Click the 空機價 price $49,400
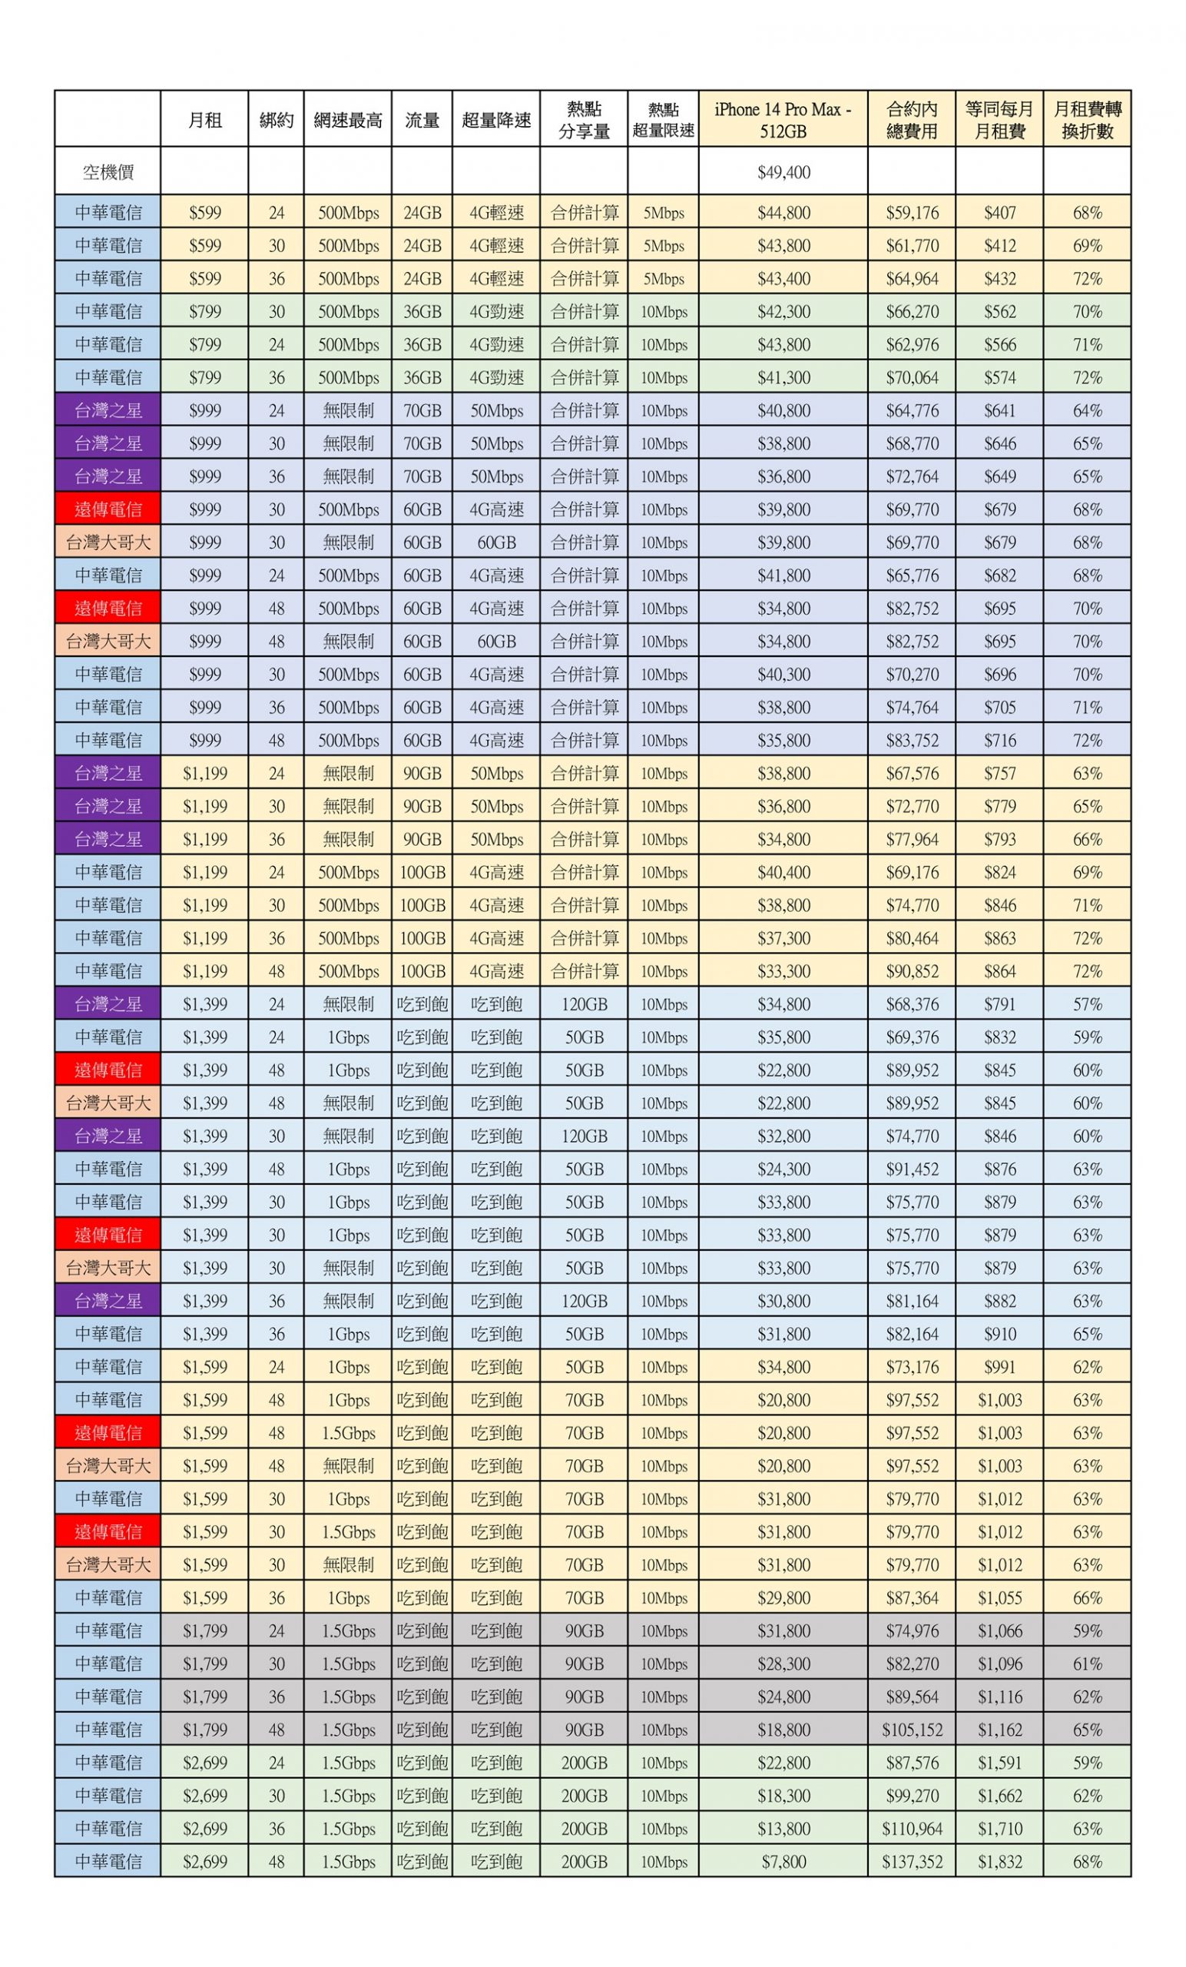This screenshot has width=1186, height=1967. [783, 171]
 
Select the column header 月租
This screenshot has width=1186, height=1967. [204, 120]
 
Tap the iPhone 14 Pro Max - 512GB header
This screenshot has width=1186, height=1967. [783, 120]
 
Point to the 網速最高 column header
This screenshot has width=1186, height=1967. [347, 120]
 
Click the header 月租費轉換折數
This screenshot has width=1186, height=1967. [1086, 120]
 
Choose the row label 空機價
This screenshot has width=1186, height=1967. [108, 171]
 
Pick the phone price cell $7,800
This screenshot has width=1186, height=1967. [783, 1861]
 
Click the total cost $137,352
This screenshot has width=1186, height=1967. [912, 1861]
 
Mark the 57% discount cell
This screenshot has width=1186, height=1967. [1086, 1003]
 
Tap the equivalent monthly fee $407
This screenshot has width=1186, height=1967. [999, 212]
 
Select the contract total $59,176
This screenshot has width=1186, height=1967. [912, 212]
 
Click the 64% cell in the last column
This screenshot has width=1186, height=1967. [1086, 410]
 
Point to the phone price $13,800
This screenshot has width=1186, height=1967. [783, 1828]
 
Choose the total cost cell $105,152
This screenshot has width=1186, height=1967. [912, 1729]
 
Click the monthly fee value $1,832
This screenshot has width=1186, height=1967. [999, 1861]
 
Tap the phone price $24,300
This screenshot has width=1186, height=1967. [783, 1169]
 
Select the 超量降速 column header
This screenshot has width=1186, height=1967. [495, 120]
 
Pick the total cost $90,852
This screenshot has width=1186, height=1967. [912, 970]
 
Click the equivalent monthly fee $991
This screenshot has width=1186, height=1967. [999, 1367]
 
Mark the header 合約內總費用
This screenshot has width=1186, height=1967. [912, 120]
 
